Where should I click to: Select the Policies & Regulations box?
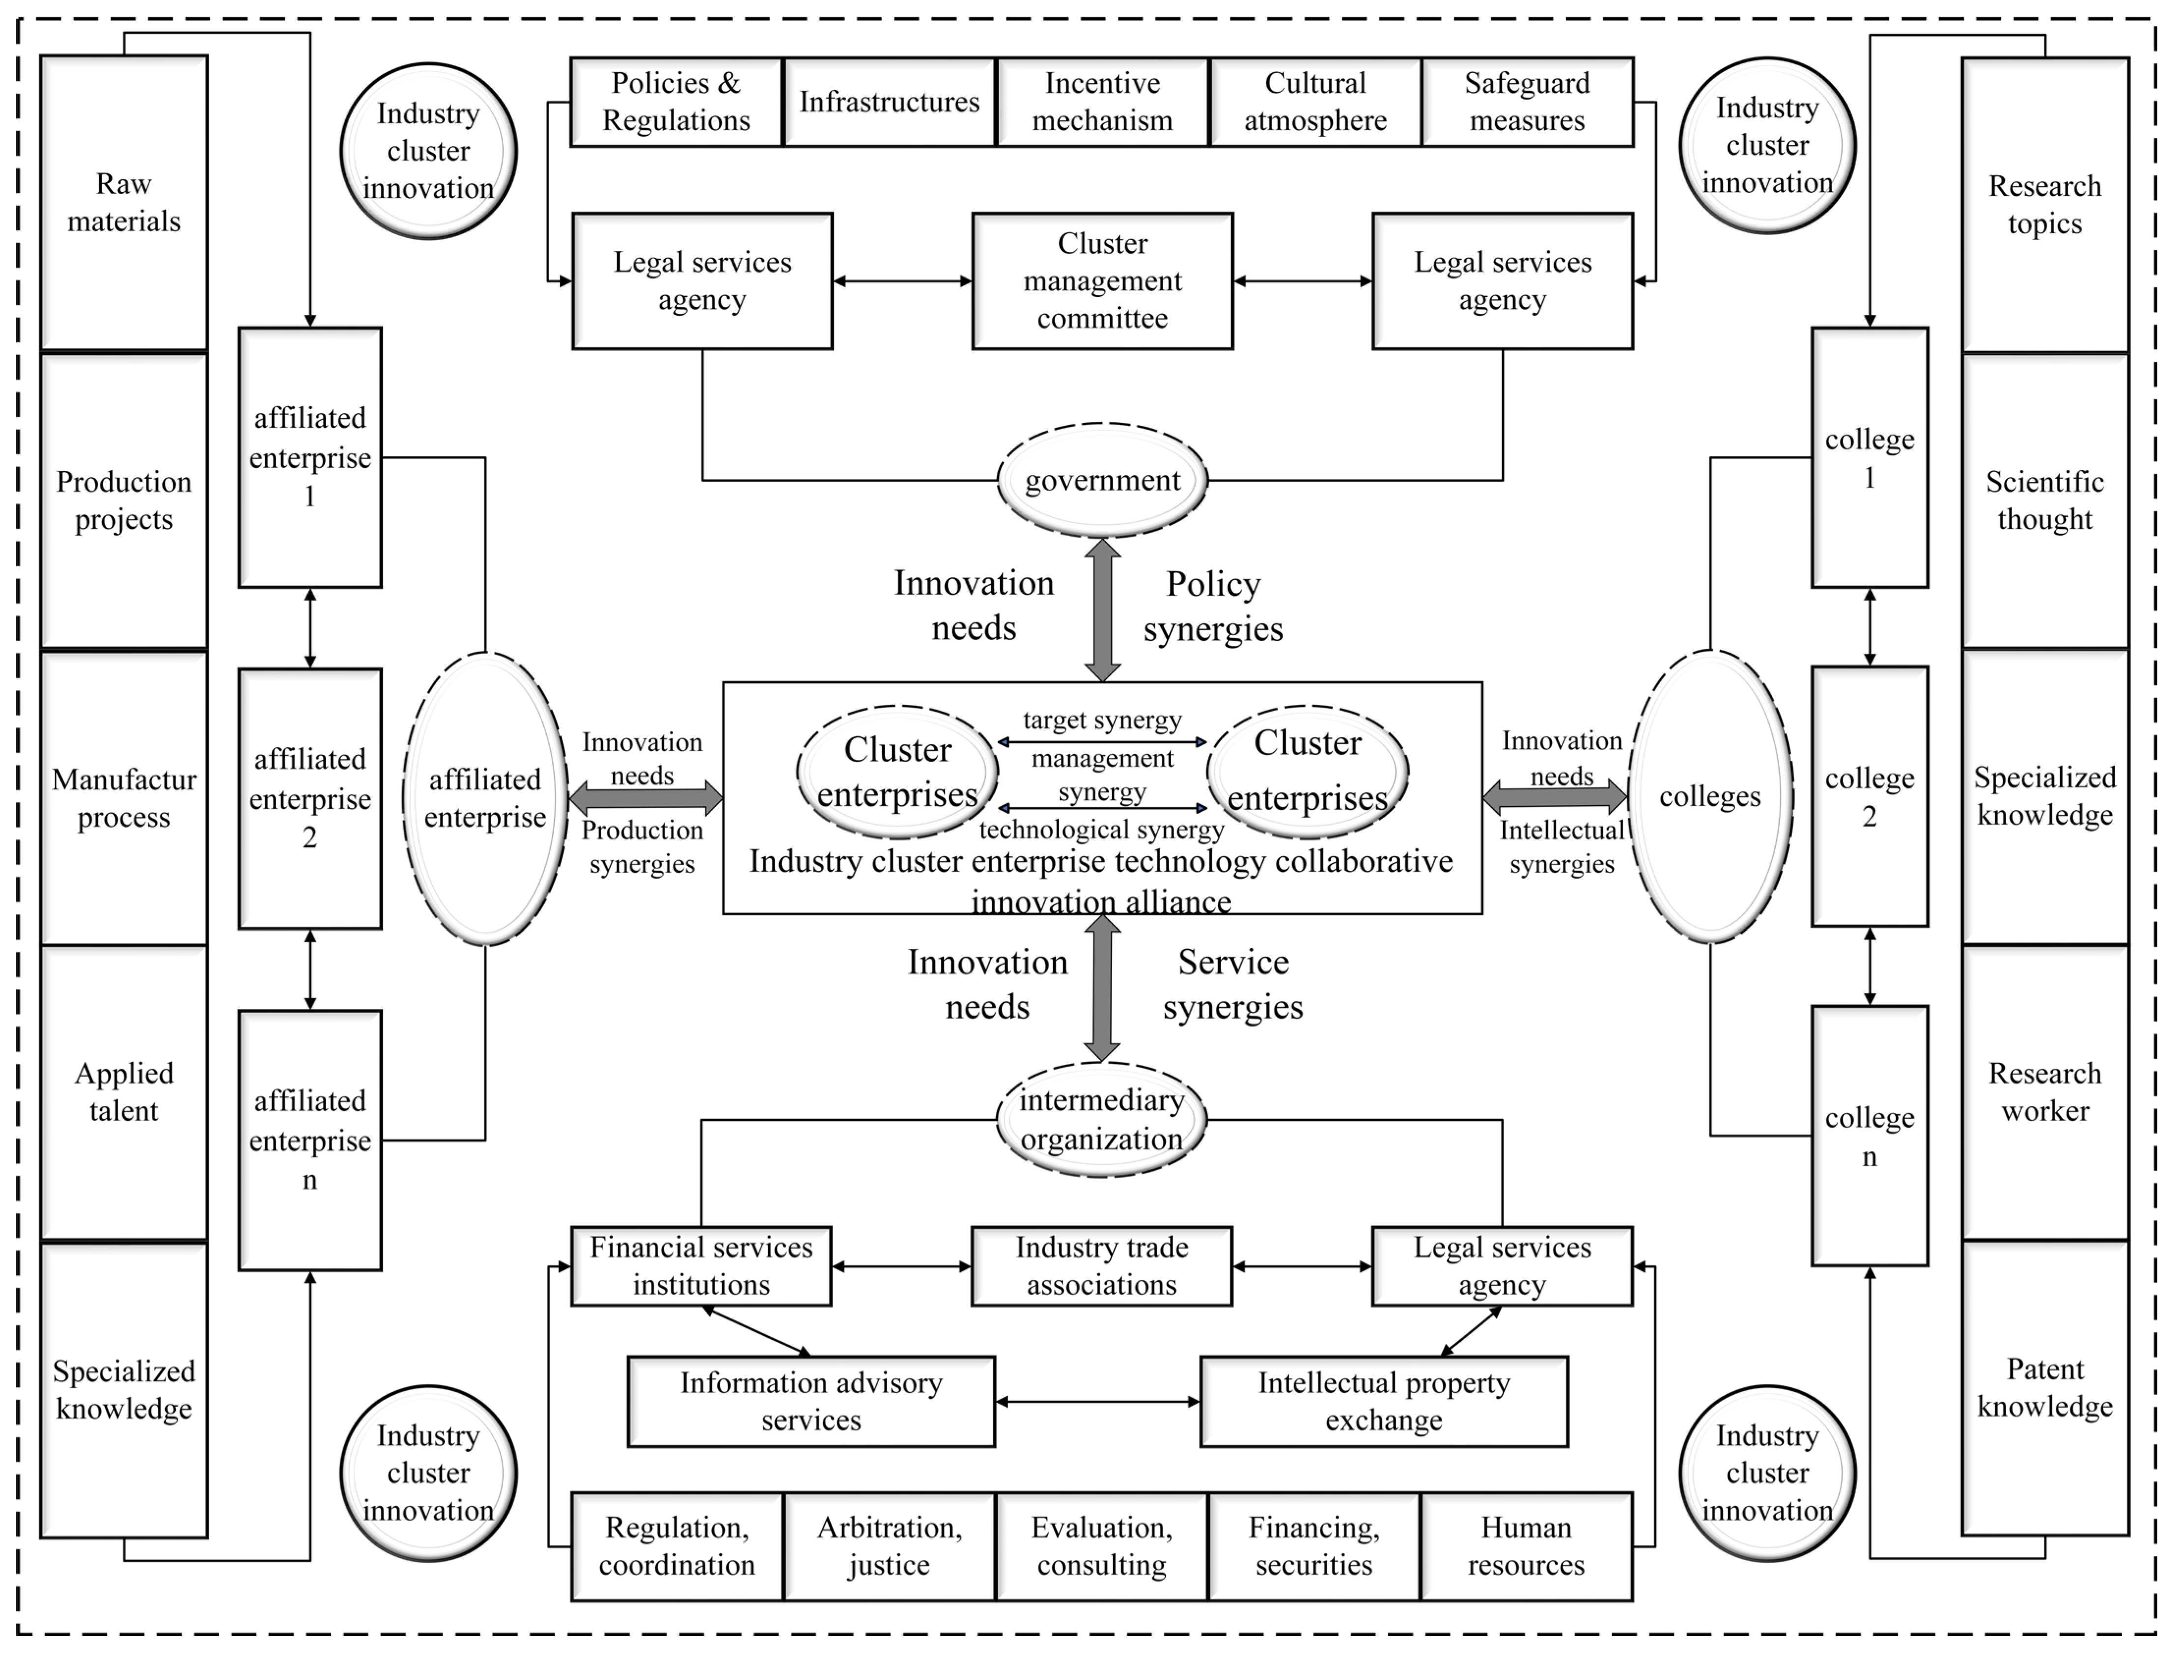click(x=677, y=102)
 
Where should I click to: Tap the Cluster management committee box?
click(x=1102, y=281)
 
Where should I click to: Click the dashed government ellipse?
click(x=1102, y=480)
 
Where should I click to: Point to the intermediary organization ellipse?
click(x=1102, y=1119)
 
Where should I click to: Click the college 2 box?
click(x=1869, y=797)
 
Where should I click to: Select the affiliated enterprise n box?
click(x=310, y=1140)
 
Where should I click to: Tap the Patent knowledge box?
click(x=2045, y=1388)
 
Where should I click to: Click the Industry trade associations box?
click(x=1102, y=1267)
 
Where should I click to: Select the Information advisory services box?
click(x=811, y=1402)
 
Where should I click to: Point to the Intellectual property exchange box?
click(x=1384, y=1402)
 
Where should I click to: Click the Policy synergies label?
click(x=1213, y=607)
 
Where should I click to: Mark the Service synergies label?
click(x=1233, y=984)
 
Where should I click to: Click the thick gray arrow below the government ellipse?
click(x=1102, y=609)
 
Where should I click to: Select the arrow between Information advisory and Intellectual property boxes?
click(x=1097, y=1402)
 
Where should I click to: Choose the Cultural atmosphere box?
click(x=1315, y=102)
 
